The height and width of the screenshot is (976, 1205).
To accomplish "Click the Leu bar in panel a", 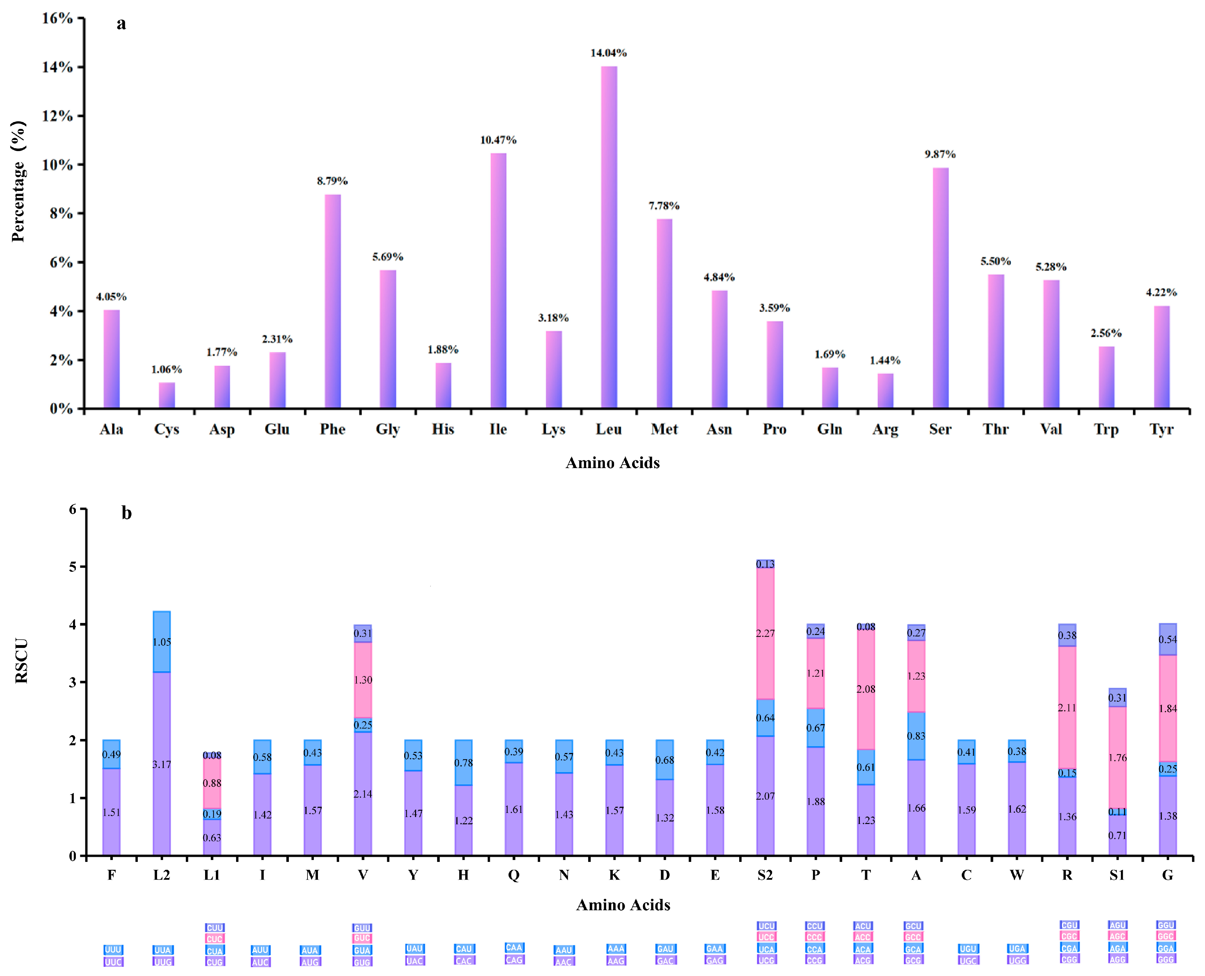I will (609, 236).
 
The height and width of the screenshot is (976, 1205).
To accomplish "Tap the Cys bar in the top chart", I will (167, 395).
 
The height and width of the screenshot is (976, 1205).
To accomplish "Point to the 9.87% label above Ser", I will (940, 154).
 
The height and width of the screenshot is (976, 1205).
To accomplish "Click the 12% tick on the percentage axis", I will (57, 116).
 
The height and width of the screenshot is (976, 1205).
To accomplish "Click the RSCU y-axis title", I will (21, 661).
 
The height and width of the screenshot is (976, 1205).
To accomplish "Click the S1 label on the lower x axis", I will (1117, 875).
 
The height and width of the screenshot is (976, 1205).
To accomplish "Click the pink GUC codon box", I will (362, 938).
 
